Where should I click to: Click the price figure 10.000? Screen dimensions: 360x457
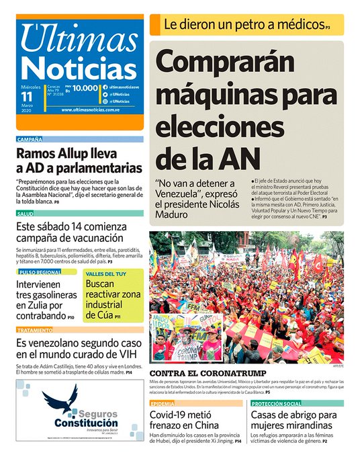tap(86, 88)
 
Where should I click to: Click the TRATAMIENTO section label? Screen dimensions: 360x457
tap(35, 330)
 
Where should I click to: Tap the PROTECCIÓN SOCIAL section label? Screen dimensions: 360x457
tap(276, 403)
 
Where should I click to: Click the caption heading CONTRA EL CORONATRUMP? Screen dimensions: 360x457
tap(208, 373)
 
